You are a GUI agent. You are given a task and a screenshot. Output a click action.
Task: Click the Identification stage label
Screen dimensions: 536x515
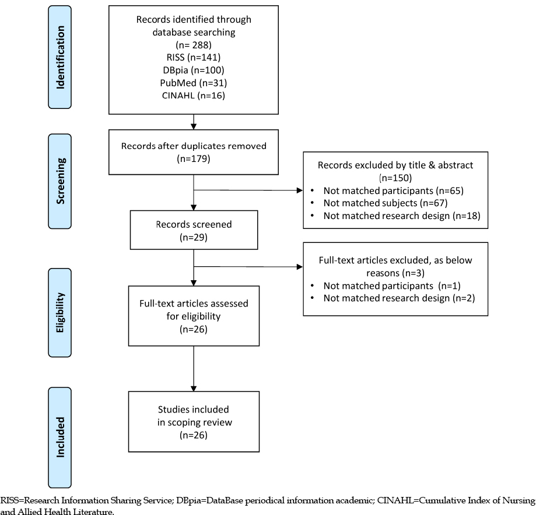pos(60,57)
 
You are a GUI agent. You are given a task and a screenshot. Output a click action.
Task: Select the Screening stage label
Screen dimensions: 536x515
pos(60,181)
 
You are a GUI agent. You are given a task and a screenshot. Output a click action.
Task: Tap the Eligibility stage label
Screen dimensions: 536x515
pos(60,312)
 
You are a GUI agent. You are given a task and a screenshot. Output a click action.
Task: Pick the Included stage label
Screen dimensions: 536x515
pos(60,437)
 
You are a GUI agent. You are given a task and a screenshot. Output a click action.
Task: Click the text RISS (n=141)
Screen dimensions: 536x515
pos(194,57)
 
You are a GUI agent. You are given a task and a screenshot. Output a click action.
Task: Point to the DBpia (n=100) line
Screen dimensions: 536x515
pos(194,70)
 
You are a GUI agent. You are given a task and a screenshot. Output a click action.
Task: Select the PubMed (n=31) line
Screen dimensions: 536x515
pos(194,83)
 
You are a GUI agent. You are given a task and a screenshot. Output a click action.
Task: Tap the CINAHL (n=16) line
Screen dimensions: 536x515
pos(194,96)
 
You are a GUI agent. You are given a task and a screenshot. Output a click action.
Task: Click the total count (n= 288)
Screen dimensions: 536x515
pos(194,45)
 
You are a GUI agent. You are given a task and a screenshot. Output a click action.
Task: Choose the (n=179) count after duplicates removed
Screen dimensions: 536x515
pos(194,159)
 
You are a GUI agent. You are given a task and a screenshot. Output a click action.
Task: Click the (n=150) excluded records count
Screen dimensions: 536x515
pos(395,178)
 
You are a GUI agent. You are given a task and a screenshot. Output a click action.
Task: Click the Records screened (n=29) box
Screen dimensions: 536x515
pos(194,230)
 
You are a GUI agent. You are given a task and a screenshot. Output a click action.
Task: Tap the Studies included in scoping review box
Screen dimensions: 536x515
pos(194,422)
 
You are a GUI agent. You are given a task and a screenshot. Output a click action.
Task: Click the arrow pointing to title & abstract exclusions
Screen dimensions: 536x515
pos(248,191)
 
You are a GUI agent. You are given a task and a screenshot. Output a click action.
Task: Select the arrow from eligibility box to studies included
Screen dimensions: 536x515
pos(194,369)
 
